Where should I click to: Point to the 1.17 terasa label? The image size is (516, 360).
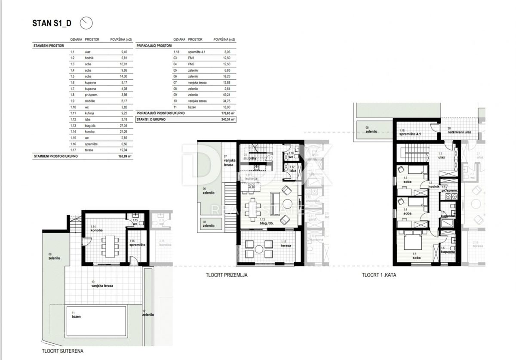(x=286, y=244)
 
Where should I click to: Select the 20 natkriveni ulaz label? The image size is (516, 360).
(x=459, y=130)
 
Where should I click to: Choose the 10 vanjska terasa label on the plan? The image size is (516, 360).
(x=101, y=284)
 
